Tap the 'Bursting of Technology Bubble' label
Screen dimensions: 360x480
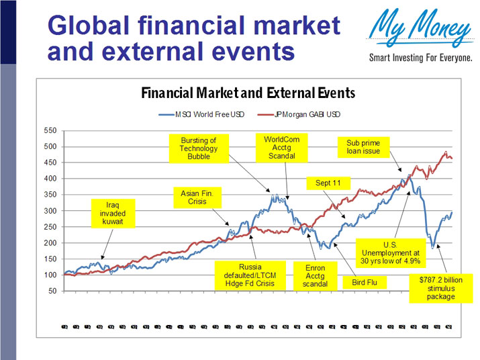[199, 148]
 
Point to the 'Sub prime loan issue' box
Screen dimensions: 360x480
[363, 147]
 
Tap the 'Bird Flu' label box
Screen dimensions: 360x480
[365, 283]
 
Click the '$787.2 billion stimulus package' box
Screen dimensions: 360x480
[440, 287]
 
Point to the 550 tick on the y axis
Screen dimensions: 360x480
[50, 130]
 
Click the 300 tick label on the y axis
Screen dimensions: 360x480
[50, 211]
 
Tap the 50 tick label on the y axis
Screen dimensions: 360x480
[52, 291]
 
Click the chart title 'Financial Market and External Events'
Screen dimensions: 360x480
[248, 93]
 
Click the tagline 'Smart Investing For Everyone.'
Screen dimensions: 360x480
[421, 58]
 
